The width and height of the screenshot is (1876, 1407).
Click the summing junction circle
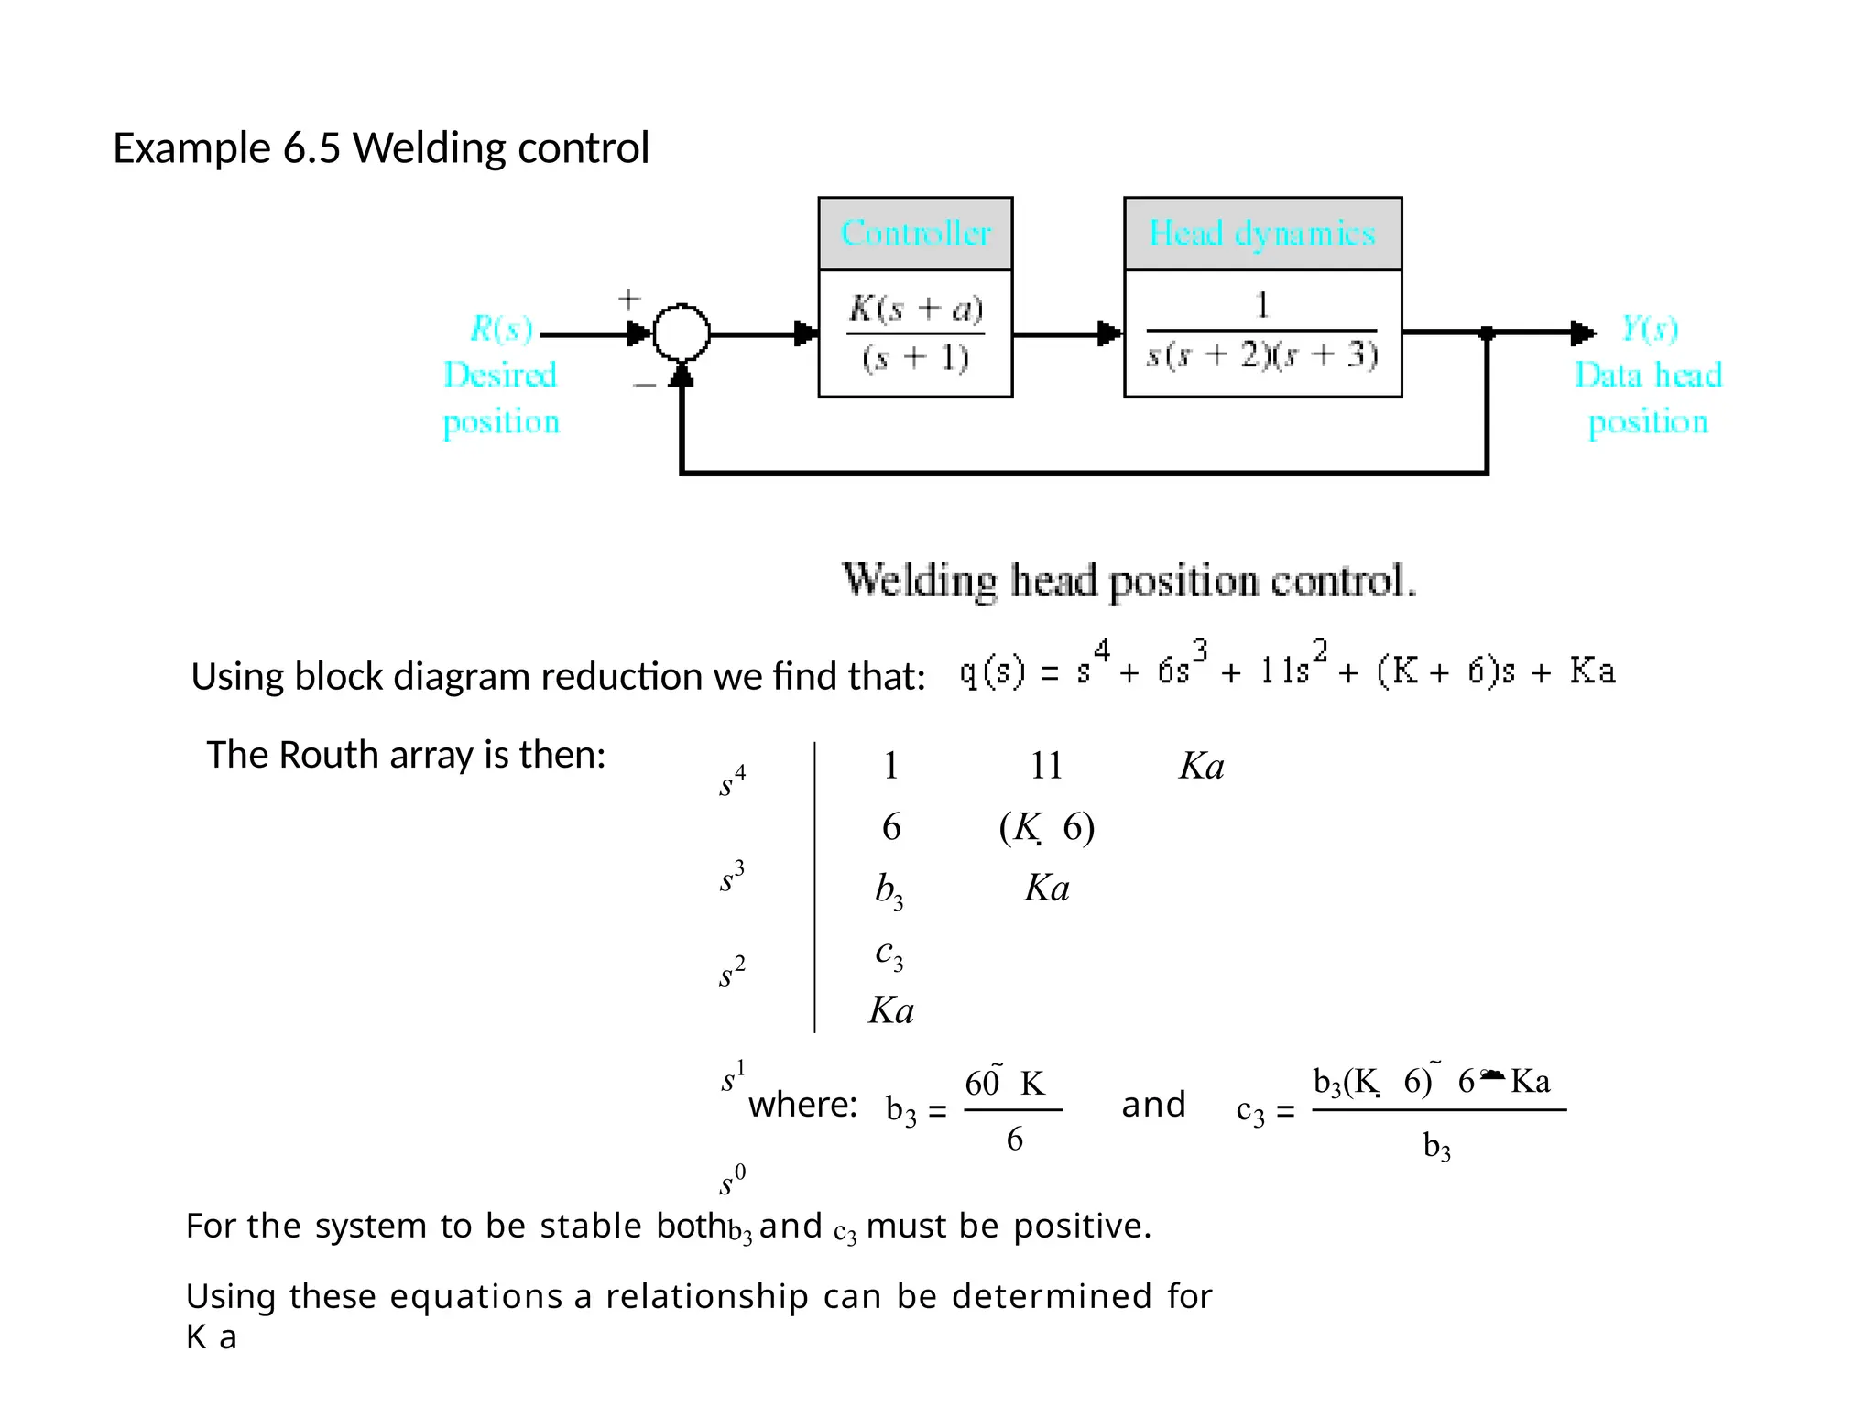point(681,333)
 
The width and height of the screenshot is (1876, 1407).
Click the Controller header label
point(915,234)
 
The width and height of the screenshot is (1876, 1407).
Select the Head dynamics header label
point(1262,234)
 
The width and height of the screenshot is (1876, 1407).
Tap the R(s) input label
point(501,328)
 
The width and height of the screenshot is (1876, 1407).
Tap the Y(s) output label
point(1650,328)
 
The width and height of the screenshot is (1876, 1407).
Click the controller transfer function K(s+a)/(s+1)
point(915,333)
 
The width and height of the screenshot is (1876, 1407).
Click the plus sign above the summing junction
point(628,299)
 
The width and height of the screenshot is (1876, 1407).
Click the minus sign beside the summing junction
point(644,386)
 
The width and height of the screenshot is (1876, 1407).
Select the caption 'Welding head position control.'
point(1129,582)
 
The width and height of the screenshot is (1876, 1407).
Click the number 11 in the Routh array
point(1046,766)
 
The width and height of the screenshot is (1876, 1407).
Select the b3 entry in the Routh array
point(889,889)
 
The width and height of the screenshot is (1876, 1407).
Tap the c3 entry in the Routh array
point(889,954)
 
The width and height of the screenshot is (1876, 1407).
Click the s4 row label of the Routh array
point(732,781)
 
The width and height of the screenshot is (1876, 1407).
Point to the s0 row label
point(732,1180)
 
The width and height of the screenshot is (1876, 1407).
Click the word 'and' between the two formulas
point(1153,1105)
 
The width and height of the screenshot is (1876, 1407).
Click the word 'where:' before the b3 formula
point(802,1105)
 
